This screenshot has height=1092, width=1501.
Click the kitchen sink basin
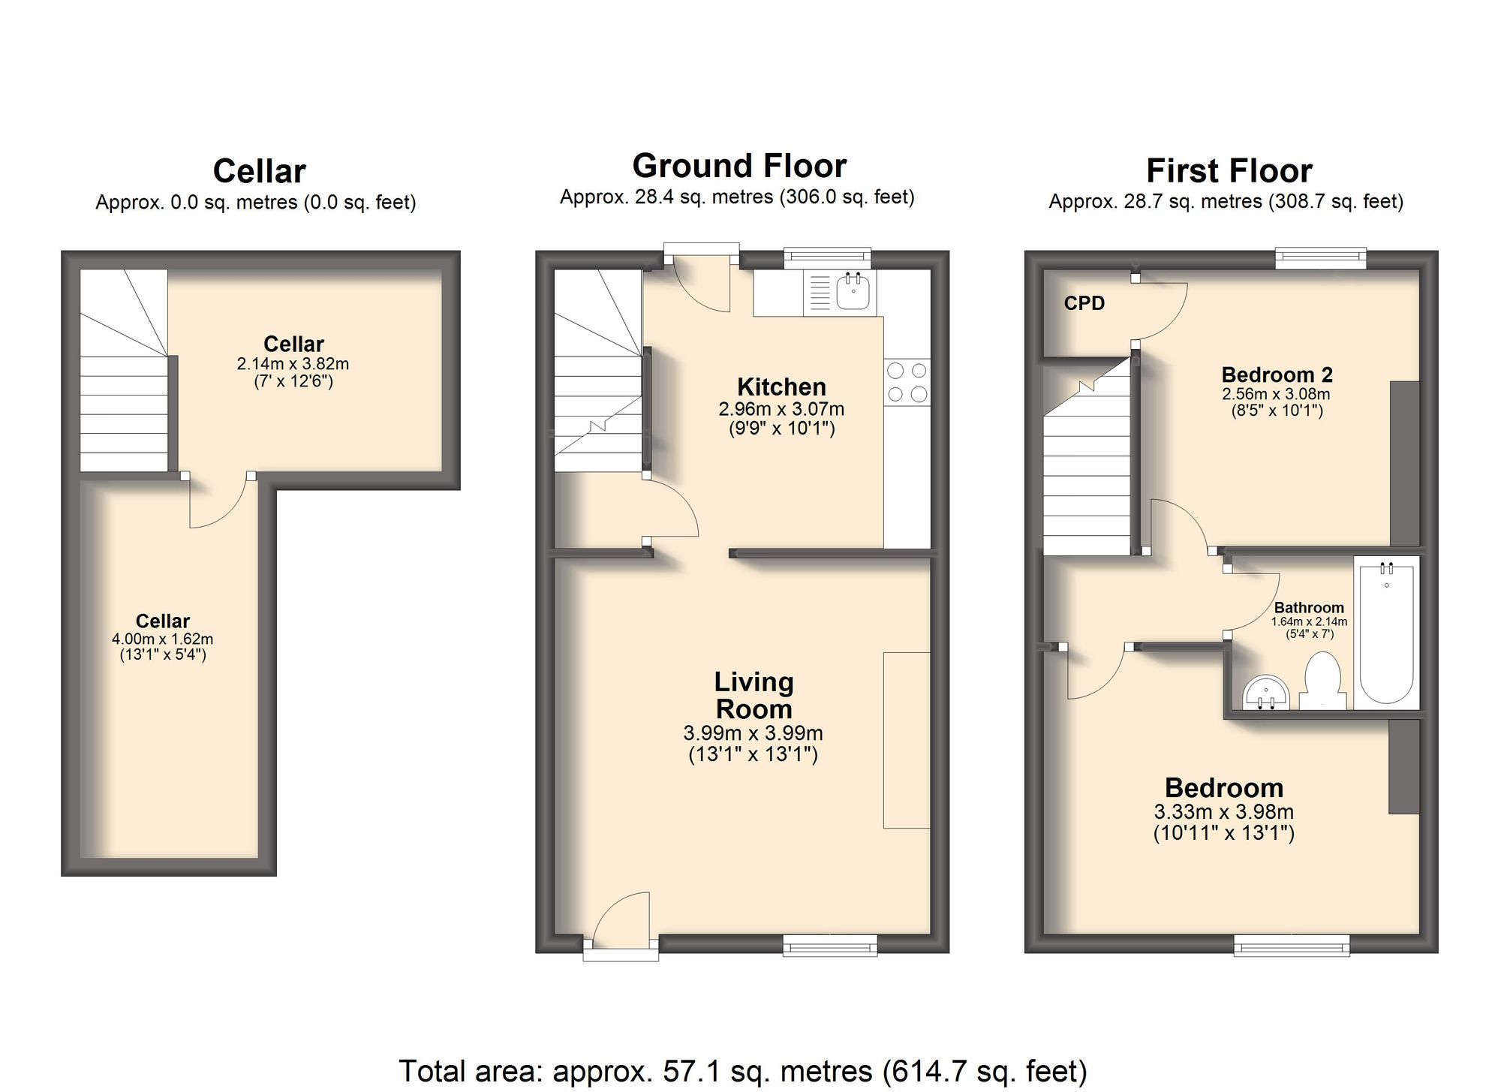tap(853, 293)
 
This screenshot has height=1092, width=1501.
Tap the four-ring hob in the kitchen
tap(907, 382)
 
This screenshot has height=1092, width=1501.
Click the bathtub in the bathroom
tap(1386, 634)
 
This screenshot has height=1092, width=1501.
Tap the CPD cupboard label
tap(1084, 303)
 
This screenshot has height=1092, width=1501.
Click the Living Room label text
tap(754, 695)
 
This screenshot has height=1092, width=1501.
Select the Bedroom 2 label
tap(1277, 375)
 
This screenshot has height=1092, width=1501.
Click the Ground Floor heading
tap(738, 165)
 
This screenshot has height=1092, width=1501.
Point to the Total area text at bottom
tap(741, 1071)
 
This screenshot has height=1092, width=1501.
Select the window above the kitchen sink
tap(827, 258)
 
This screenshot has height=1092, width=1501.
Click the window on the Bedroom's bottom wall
tap(1292, 945)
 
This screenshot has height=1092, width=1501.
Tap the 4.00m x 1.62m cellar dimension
tap(162, 639)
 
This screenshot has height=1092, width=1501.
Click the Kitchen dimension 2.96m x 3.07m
tap(781, 410)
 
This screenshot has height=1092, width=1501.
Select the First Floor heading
tap(1228, 171)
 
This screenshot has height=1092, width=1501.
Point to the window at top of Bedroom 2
tap(1320, 259)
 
